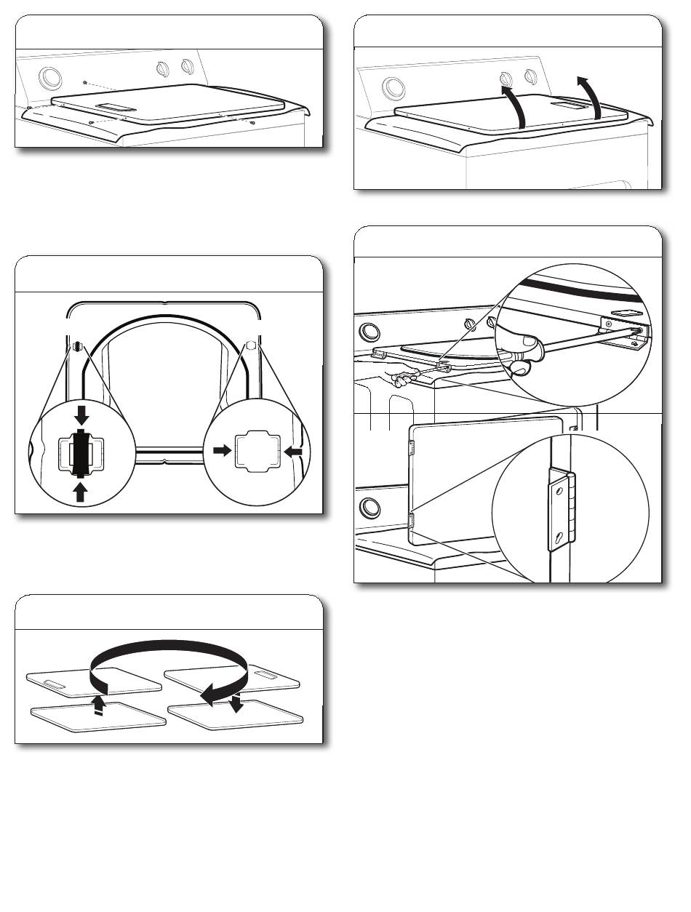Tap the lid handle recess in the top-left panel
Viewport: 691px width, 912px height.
pos(112,108)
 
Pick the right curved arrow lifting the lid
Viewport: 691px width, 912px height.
pos(591,95)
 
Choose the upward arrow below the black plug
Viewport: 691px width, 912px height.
pos(81,493)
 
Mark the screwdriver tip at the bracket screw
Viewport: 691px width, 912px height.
pos(638,331)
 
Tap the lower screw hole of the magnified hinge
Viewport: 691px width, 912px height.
pos(558,537)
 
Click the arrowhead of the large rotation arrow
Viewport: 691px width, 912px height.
pos(209,696)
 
